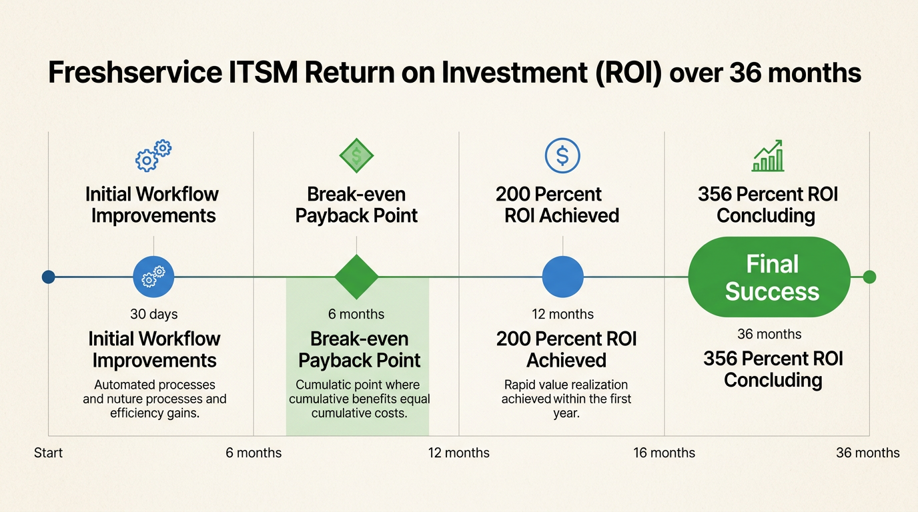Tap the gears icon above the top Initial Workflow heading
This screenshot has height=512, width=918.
(x=153, y=156)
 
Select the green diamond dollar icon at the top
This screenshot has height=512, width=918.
(x=356, y=156)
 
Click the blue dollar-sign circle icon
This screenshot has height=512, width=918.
(x=562, y=156)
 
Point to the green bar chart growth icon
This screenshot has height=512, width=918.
(x=768, y=156)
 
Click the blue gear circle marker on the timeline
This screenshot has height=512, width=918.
(x=153, y=277)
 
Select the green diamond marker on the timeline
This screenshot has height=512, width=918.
(x=356, y=277)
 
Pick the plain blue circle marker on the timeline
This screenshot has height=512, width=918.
(x=562, y=277)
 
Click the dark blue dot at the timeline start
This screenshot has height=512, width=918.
(x=48, y=277)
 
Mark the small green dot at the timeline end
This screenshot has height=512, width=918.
(x=869, y=277)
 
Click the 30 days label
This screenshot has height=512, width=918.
(x=154, y=314)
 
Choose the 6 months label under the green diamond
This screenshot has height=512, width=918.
(x=356, y=314)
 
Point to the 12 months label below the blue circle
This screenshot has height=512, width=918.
(x=562, y=314)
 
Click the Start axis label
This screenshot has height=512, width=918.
(x=48, y=453)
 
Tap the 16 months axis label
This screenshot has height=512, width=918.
(x=664, y=453)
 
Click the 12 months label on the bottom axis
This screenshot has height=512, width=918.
(x=458, y=453)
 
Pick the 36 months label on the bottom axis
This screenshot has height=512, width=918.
(x=867, y=453)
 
